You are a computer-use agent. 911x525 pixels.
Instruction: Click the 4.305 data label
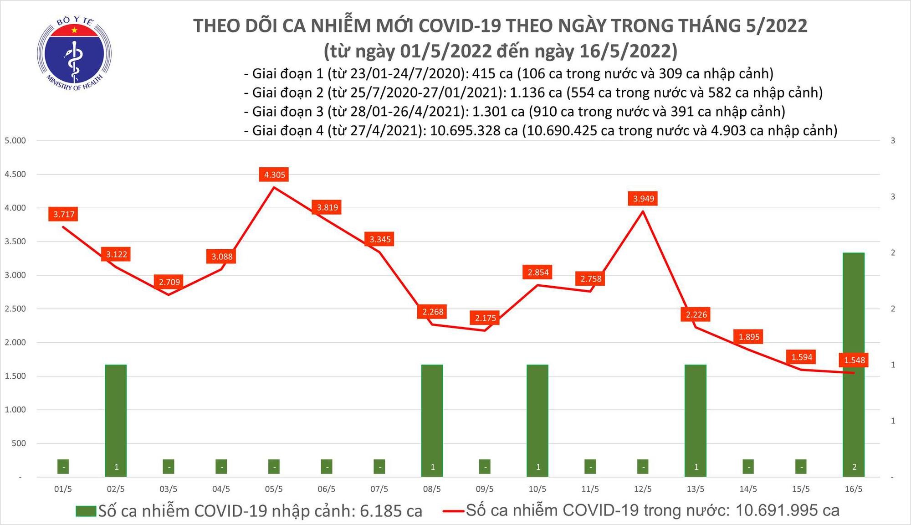tap(275, 175)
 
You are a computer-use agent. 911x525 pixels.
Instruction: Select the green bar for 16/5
tap(854, 365)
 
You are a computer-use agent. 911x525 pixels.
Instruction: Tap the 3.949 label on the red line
tap(643, 199)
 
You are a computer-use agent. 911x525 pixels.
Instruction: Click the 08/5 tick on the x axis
tap(432, 489)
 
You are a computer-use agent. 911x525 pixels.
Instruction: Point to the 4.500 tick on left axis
tap(15, 174)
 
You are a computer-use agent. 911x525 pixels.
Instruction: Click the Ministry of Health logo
tap(74, 54)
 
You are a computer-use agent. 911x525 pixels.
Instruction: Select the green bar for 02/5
tap(116, 419)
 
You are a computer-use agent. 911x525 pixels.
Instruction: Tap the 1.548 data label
tap(854, 360)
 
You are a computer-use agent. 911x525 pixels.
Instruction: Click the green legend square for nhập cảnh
tap(86, 511)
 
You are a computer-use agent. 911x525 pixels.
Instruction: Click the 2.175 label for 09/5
tap(485, 318)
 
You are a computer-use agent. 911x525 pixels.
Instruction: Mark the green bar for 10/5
tap(537, 419)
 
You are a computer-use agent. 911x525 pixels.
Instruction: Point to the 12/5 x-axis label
tap(643, 489)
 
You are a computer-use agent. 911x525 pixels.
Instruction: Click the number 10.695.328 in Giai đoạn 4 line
tap(474, 131)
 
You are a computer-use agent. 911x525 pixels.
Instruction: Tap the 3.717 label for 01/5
tap(64, 214)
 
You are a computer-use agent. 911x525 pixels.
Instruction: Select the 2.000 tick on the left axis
tap(15, 342)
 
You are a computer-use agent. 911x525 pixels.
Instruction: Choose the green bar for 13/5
tap(696, 419)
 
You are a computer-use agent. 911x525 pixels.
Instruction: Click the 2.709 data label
tap(169, 282)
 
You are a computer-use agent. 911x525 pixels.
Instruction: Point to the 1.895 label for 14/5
tap(749, 337)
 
